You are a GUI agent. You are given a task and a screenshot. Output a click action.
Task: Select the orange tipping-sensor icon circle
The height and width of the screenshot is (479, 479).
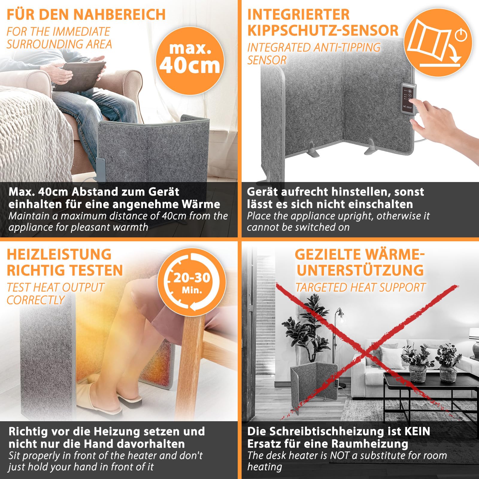coord(438,42)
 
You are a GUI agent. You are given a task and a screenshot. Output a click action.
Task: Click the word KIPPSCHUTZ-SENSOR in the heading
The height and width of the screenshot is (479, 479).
coord(323,31)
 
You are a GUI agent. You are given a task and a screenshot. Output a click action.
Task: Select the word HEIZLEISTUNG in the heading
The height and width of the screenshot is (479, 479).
coord(59,254)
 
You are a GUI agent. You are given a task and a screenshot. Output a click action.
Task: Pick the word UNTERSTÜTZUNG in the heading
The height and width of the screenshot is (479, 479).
coord(360,270)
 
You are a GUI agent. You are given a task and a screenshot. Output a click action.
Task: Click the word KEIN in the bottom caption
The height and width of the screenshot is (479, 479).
coord(417,431)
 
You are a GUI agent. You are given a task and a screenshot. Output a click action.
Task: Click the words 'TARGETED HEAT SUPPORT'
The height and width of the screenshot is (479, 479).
coord(360,287)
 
